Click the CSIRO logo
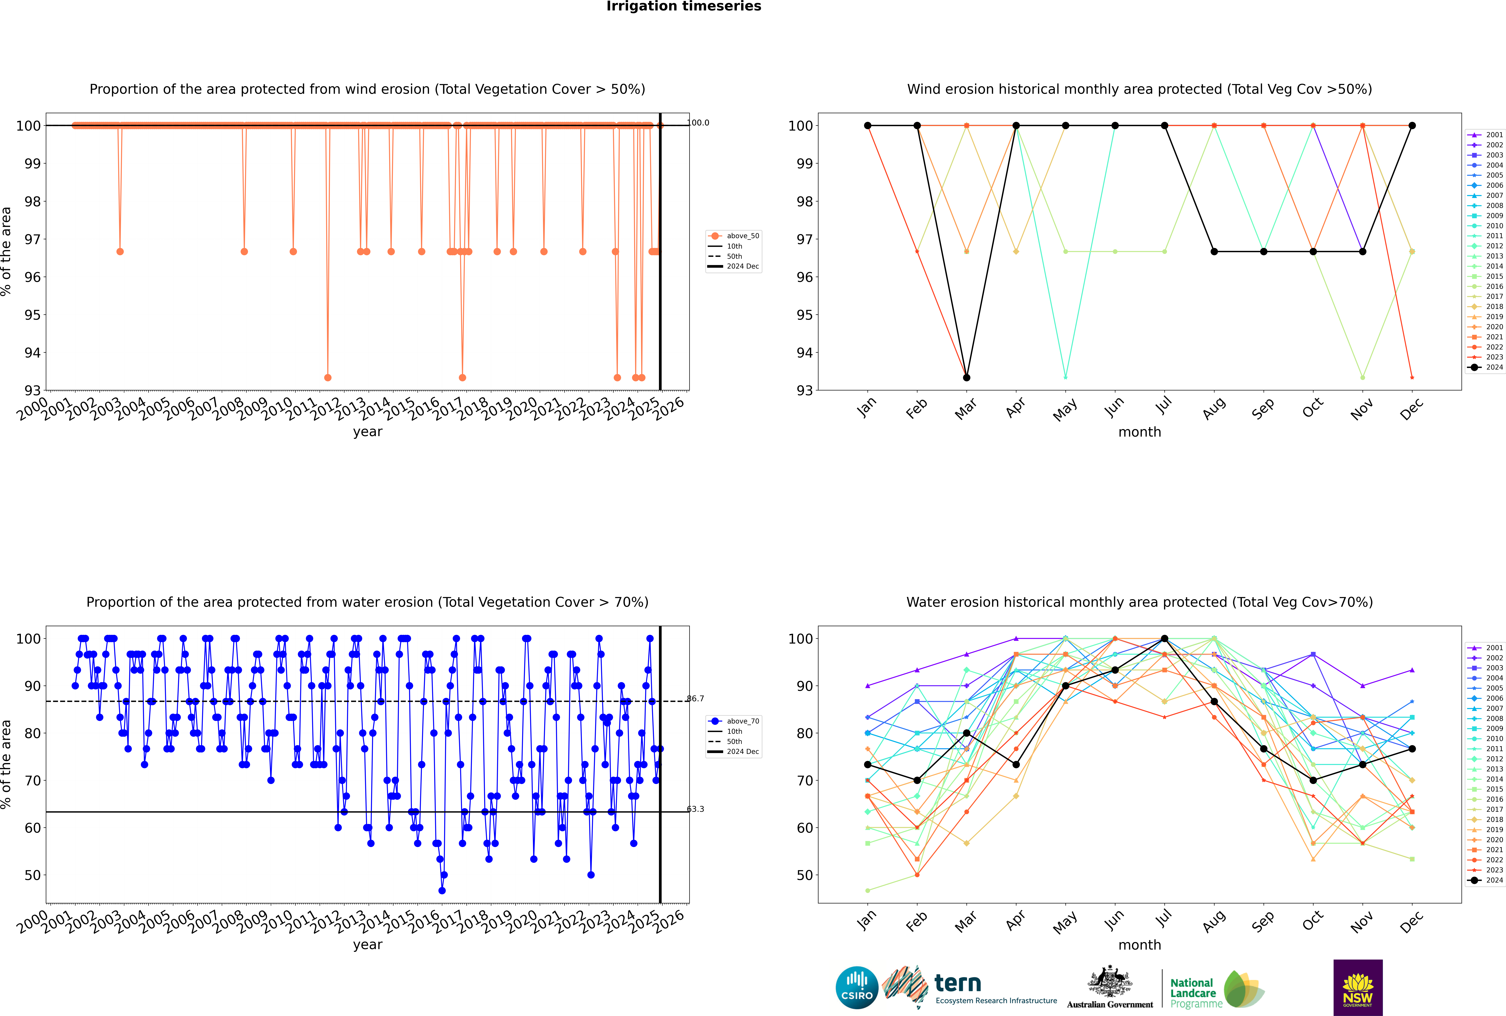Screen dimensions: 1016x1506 click(857, 988)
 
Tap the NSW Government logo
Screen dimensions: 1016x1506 click(1358, 987)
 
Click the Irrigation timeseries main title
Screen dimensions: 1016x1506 click(684, 6)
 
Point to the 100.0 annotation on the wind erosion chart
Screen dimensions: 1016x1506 click(698, 123)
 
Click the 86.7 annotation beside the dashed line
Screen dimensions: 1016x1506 click(695, 699)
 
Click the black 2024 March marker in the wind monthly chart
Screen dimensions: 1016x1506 click(967, 378)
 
